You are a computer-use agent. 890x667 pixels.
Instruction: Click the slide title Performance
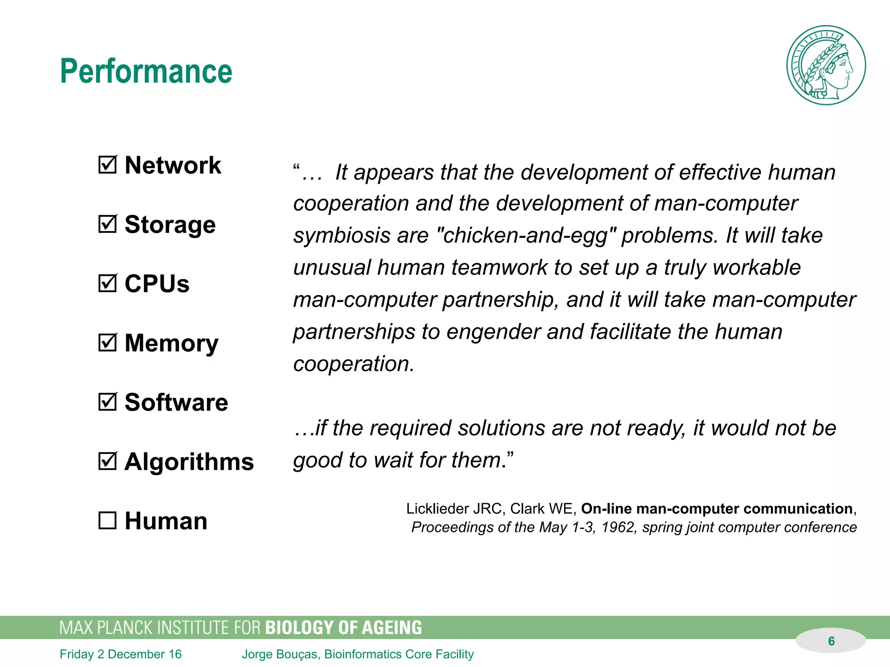click(x=146, y=71)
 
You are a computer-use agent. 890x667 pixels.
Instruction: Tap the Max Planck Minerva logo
click(x=826, y=65)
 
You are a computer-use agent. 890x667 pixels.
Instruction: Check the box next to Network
click(x=107, y=165)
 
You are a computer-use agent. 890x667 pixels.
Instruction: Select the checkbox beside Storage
click(x=107, y=224)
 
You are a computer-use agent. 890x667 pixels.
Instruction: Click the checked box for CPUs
click(x=107, y=284)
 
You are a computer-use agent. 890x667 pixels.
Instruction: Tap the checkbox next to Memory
click(x=107, y=343)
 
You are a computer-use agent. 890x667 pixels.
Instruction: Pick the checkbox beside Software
click(x=107, y=402)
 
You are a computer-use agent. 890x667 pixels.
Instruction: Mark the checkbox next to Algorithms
click(x=107, y=461)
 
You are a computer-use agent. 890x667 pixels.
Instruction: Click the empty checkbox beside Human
click(x=107, y=520)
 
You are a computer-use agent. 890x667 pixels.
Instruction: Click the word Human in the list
click(x=166, y=521)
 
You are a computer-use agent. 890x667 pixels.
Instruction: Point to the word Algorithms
click(x=189, y=461)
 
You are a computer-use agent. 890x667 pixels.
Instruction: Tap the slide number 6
click(x=831, y=641)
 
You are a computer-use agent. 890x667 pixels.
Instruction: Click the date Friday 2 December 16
click(x=120, y=654)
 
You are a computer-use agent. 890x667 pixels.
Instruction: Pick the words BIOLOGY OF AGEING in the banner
click(x=343, y=628)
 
